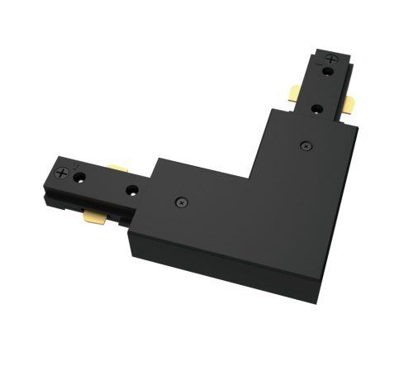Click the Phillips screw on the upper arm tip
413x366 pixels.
333,59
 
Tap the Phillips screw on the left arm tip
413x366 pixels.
63,174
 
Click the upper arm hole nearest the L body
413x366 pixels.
318,107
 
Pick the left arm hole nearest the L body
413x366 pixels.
131,190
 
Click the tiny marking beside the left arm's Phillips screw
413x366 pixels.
76,168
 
